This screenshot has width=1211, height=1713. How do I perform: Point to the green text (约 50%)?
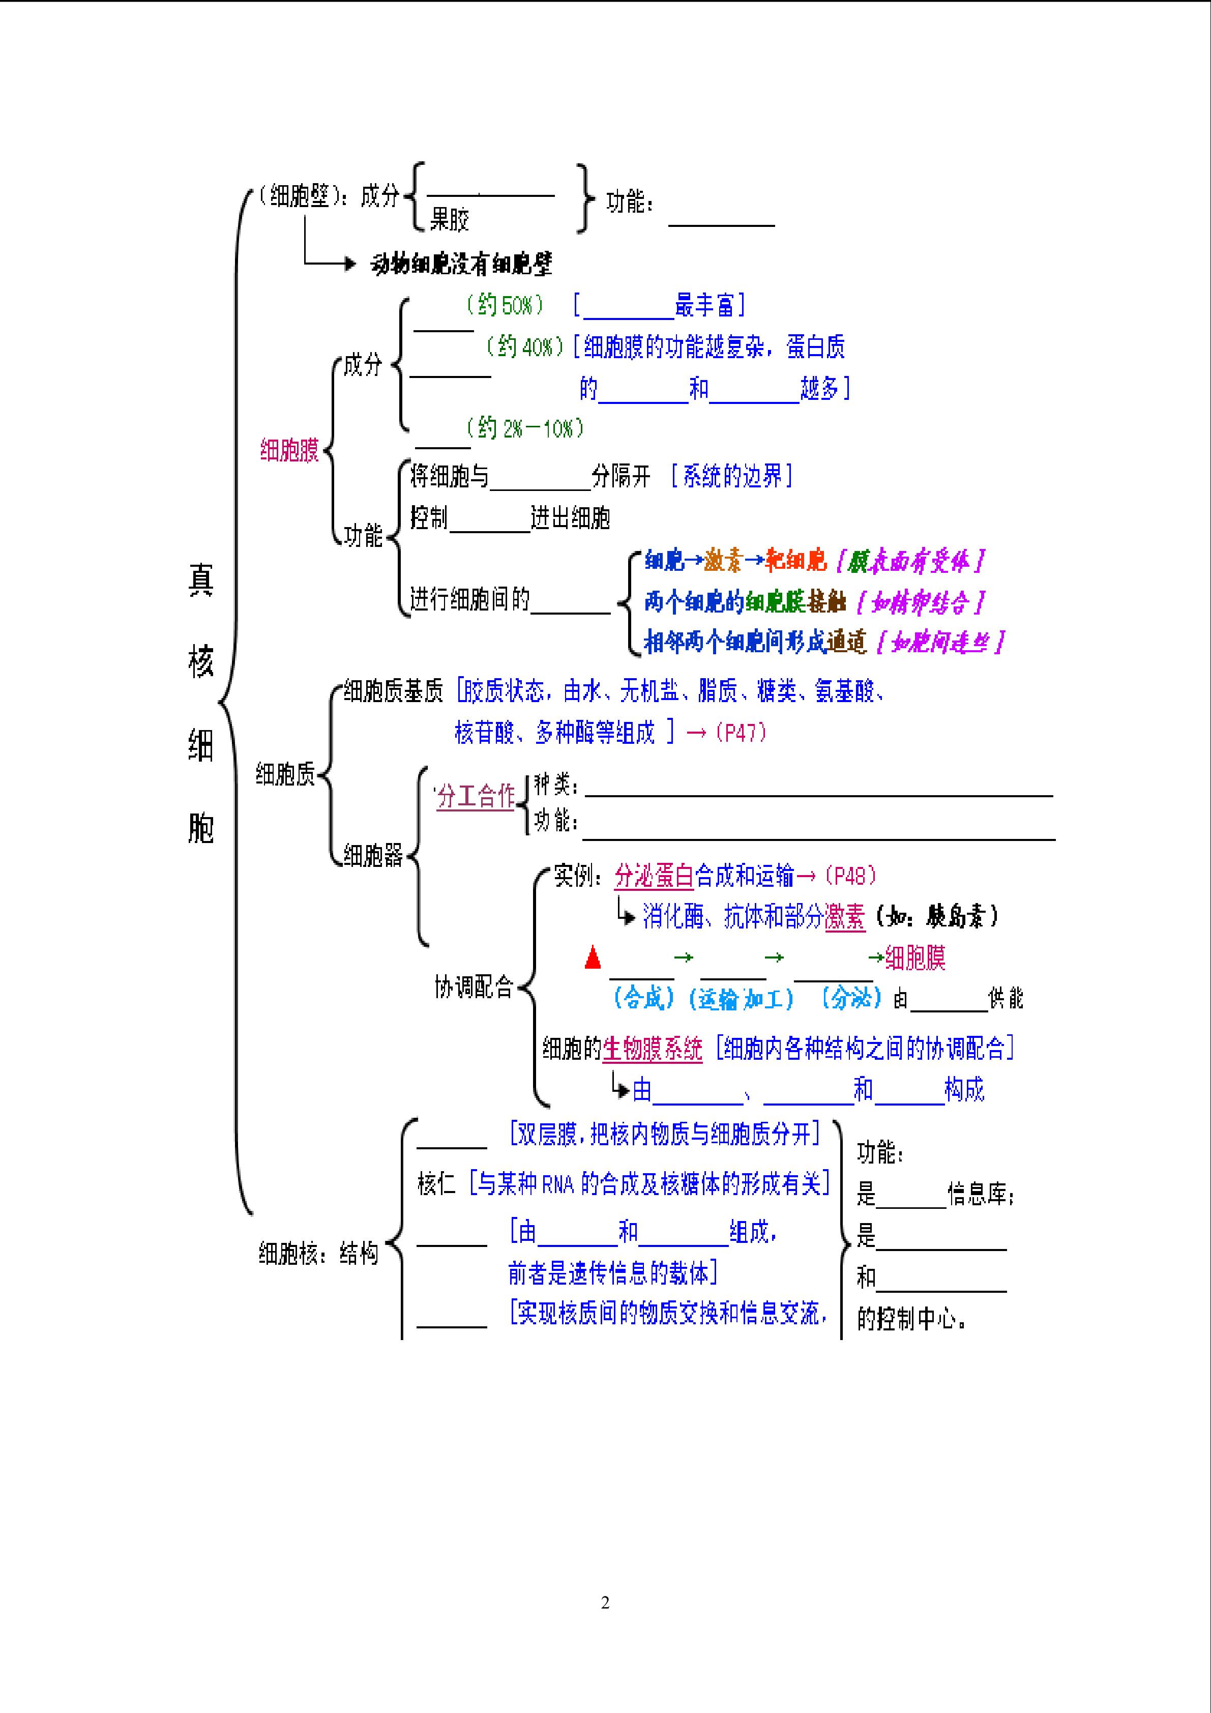pos(505,305)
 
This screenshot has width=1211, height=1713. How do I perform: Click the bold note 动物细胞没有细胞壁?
pos(461,264)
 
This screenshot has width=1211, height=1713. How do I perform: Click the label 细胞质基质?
pos(393,691)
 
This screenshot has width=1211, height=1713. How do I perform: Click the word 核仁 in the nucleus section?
pos(436,1184)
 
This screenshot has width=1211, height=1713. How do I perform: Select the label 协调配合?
pos(474,988)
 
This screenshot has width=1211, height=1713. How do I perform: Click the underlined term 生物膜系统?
pos(653,1049)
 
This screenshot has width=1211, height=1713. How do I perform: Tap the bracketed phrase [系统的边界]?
pos(731,476)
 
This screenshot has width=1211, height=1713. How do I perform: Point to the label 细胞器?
pos(373,855)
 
